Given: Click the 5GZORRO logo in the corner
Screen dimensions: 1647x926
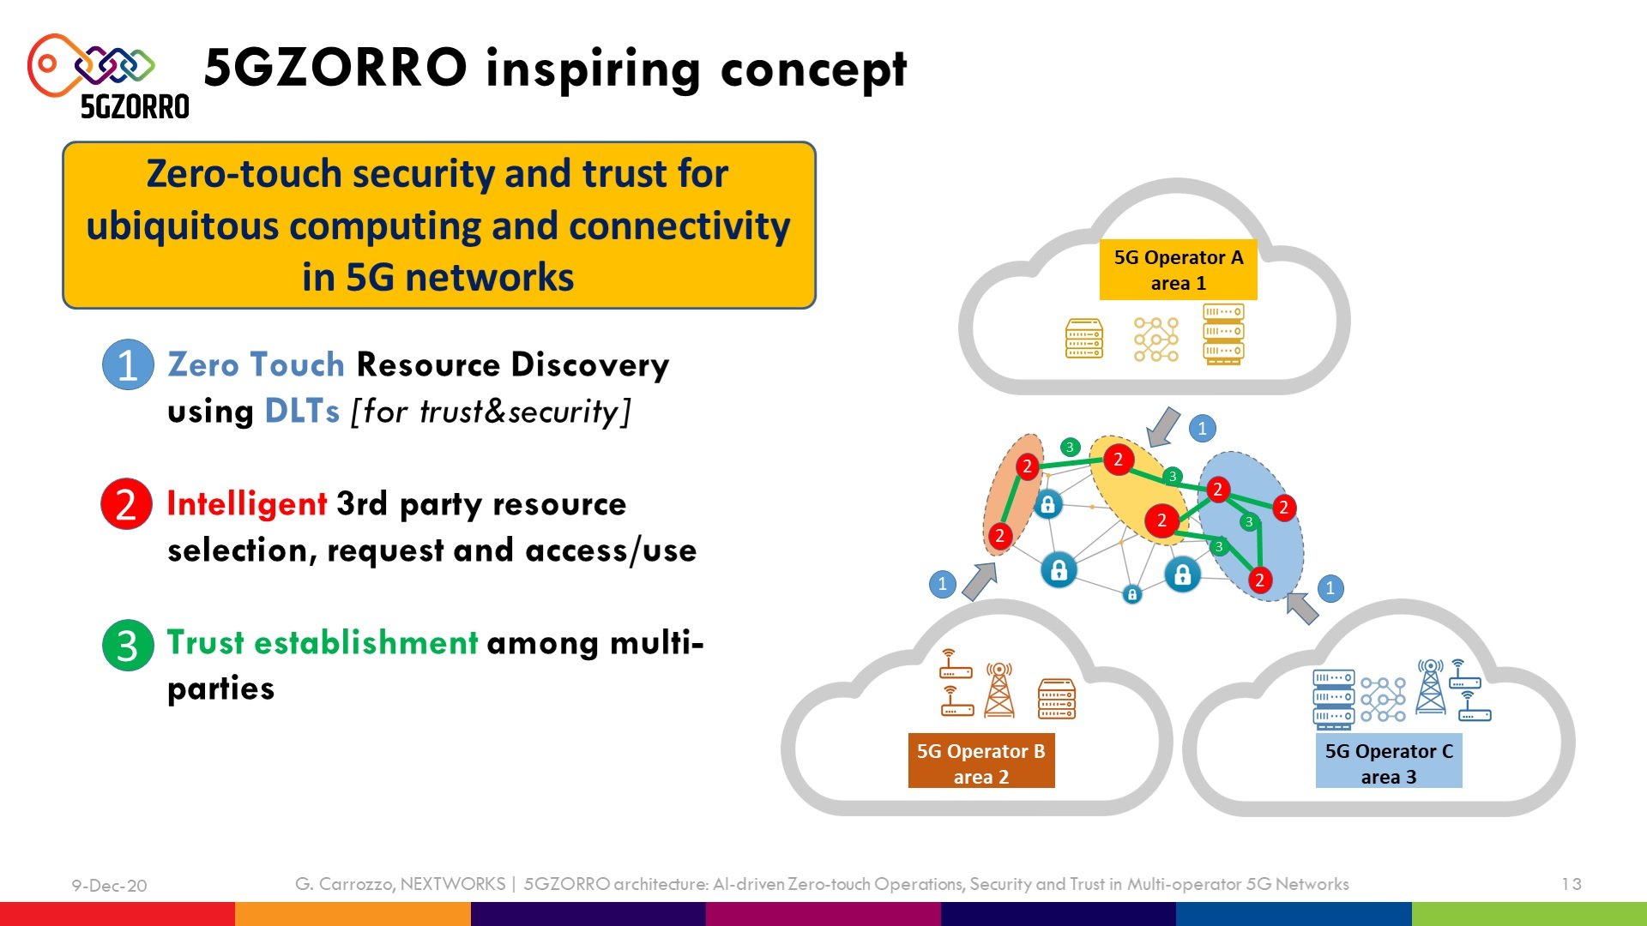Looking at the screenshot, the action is [108, 76].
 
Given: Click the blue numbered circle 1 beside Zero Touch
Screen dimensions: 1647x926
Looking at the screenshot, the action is [128, 365].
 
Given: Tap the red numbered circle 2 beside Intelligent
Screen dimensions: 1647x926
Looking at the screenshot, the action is [126, 504].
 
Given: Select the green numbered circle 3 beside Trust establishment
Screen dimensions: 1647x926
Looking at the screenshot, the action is [128, 645].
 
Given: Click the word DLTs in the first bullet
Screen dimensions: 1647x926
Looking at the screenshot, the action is [302, 412].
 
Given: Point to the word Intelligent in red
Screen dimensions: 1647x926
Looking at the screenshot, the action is [246, 504].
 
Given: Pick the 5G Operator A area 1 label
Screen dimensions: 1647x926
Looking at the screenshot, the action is [1178, 269].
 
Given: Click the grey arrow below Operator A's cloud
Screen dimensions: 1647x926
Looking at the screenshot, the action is [1163, 426].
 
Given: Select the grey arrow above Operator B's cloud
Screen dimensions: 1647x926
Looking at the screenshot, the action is [980, 580].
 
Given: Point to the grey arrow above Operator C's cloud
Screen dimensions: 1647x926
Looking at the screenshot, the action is [1303, 608].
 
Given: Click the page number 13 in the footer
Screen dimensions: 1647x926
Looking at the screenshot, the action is [1571, 884].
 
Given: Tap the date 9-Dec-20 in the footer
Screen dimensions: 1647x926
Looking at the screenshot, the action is [109, 886].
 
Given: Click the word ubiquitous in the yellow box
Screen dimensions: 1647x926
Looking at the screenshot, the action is [183, 227].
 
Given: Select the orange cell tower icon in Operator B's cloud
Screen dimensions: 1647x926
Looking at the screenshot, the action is [999, 689].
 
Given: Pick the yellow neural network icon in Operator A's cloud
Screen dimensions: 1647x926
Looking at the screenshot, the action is [1156, 340].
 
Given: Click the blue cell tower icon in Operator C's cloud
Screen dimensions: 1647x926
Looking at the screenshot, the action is [1431, 686].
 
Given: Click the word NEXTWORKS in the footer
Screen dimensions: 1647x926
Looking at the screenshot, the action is [453, 884].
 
